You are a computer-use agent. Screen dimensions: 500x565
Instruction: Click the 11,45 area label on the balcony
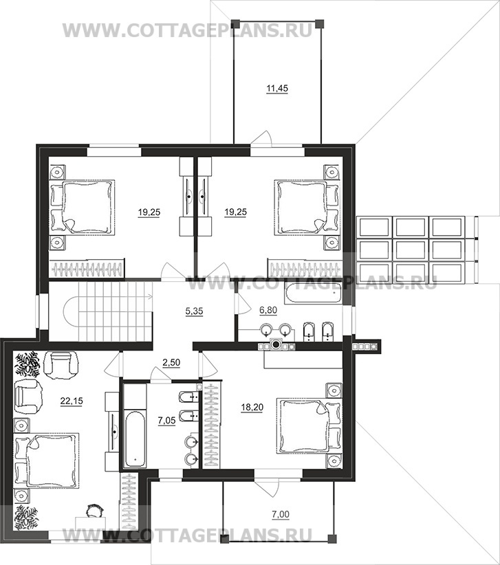tap(277, 88)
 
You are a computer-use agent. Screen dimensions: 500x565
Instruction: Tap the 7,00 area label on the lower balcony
tap(281, 515)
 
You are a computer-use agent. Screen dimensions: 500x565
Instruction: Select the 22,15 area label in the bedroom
tap(72, 401)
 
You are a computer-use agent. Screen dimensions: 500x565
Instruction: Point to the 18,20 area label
tap(252, 408)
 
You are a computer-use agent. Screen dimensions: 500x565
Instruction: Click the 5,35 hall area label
tap(194, 311)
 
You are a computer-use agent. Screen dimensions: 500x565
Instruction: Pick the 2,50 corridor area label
tap(171, 362)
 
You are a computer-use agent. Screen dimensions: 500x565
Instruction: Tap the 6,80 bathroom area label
tap(268, 310)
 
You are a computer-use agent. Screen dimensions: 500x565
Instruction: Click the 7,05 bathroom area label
tap(166, 420)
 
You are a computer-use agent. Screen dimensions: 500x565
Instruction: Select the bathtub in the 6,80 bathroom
tap(312, 292)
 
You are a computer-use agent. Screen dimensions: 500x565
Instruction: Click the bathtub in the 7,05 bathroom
tap(135, 436)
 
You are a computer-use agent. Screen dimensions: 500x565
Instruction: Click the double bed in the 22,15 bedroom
tap(46, 460)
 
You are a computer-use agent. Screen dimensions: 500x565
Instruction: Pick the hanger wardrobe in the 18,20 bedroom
tap(210, 425)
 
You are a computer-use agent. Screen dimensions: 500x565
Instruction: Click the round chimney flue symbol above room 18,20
tap(276, 344)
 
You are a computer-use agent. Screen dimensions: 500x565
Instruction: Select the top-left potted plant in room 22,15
tap(27, 364)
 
